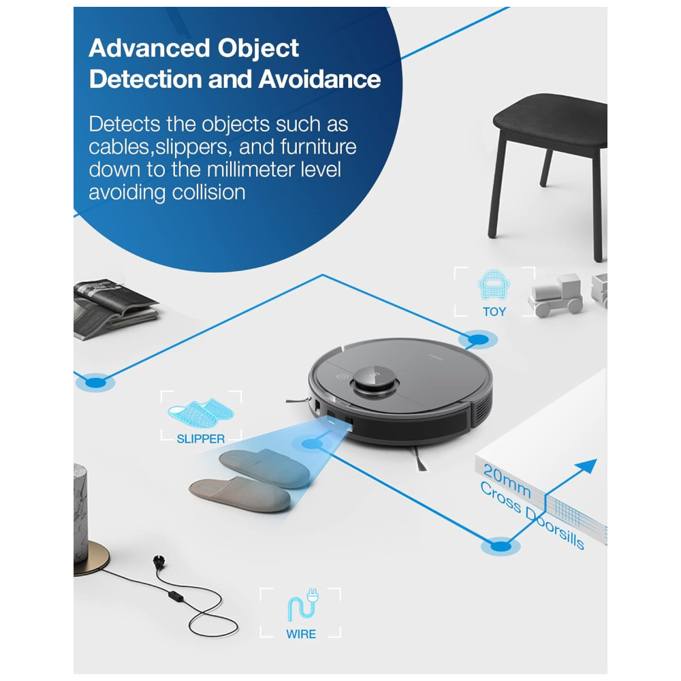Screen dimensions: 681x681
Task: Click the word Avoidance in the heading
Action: [319, 80]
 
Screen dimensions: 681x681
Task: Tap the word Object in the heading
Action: [258, 48]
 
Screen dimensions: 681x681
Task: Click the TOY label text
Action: [494, 312]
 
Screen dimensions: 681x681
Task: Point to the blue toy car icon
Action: [494, 285]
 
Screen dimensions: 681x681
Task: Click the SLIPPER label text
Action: [201, 439]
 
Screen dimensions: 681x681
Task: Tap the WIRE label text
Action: [301, 634]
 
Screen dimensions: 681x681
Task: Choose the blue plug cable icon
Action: [303, 605]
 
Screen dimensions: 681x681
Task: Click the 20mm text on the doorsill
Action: [507, 480]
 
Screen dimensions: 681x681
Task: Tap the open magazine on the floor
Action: [114, 308]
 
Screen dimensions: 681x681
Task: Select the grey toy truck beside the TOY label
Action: [556, 295]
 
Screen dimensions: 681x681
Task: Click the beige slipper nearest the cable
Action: [240, 494]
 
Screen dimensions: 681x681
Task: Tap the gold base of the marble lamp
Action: [91, 559]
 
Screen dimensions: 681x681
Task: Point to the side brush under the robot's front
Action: [419, 458]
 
